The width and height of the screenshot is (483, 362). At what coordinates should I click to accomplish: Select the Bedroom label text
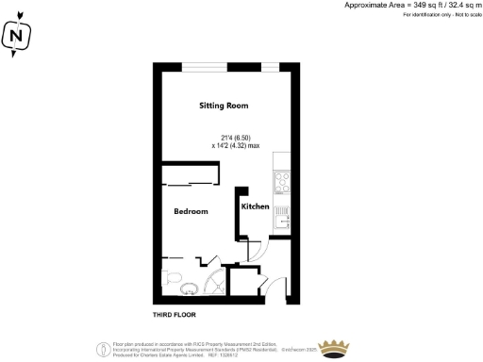pyautogui.click(x=191, y=211)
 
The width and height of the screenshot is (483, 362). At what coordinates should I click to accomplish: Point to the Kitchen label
pyautogui.click(x=255, y=206)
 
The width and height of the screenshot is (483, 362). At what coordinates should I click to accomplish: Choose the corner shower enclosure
pyautogui.click(x=216, y=283)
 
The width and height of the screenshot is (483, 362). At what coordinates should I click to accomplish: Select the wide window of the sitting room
pyautogui.click(x=223, y=65)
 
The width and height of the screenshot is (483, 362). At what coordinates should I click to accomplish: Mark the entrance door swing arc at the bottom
pyautogui.click(x=278, y=287)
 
